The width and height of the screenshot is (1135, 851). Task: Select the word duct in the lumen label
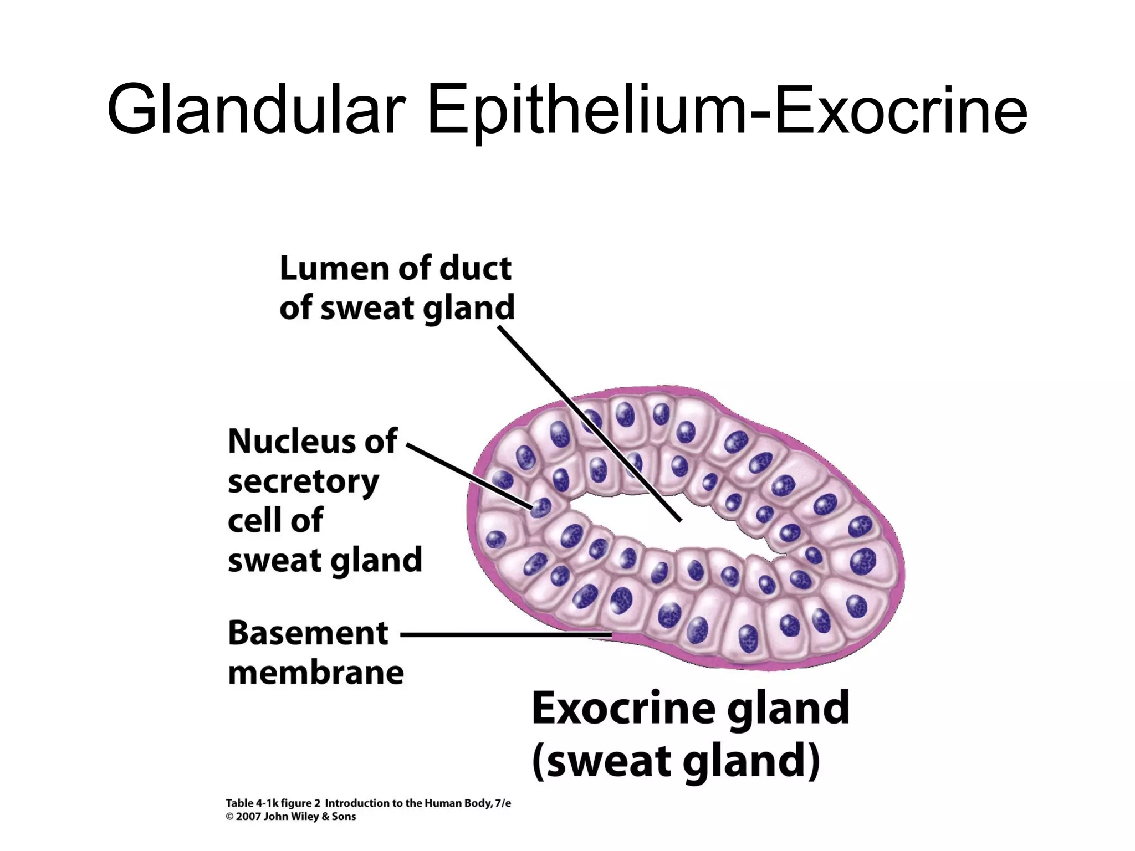[x=476, y=269]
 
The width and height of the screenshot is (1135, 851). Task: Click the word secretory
[x=303, y=482]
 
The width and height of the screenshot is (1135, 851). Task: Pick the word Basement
[x=308, y=633]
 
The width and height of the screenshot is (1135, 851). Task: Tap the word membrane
[x=316, y=673]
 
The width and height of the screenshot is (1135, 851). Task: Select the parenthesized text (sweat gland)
[x=676, y=761]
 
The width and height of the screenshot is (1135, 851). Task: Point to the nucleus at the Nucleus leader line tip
[x=540, y=507]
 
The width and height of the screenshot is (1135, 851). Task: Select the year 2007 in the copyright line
[x=248, y=817]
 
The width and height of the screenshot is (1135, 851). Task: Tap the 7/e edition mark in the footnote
[x=502, y=803]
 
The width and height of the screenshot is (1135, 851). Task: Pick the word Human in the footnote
[x=443, y=803]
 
